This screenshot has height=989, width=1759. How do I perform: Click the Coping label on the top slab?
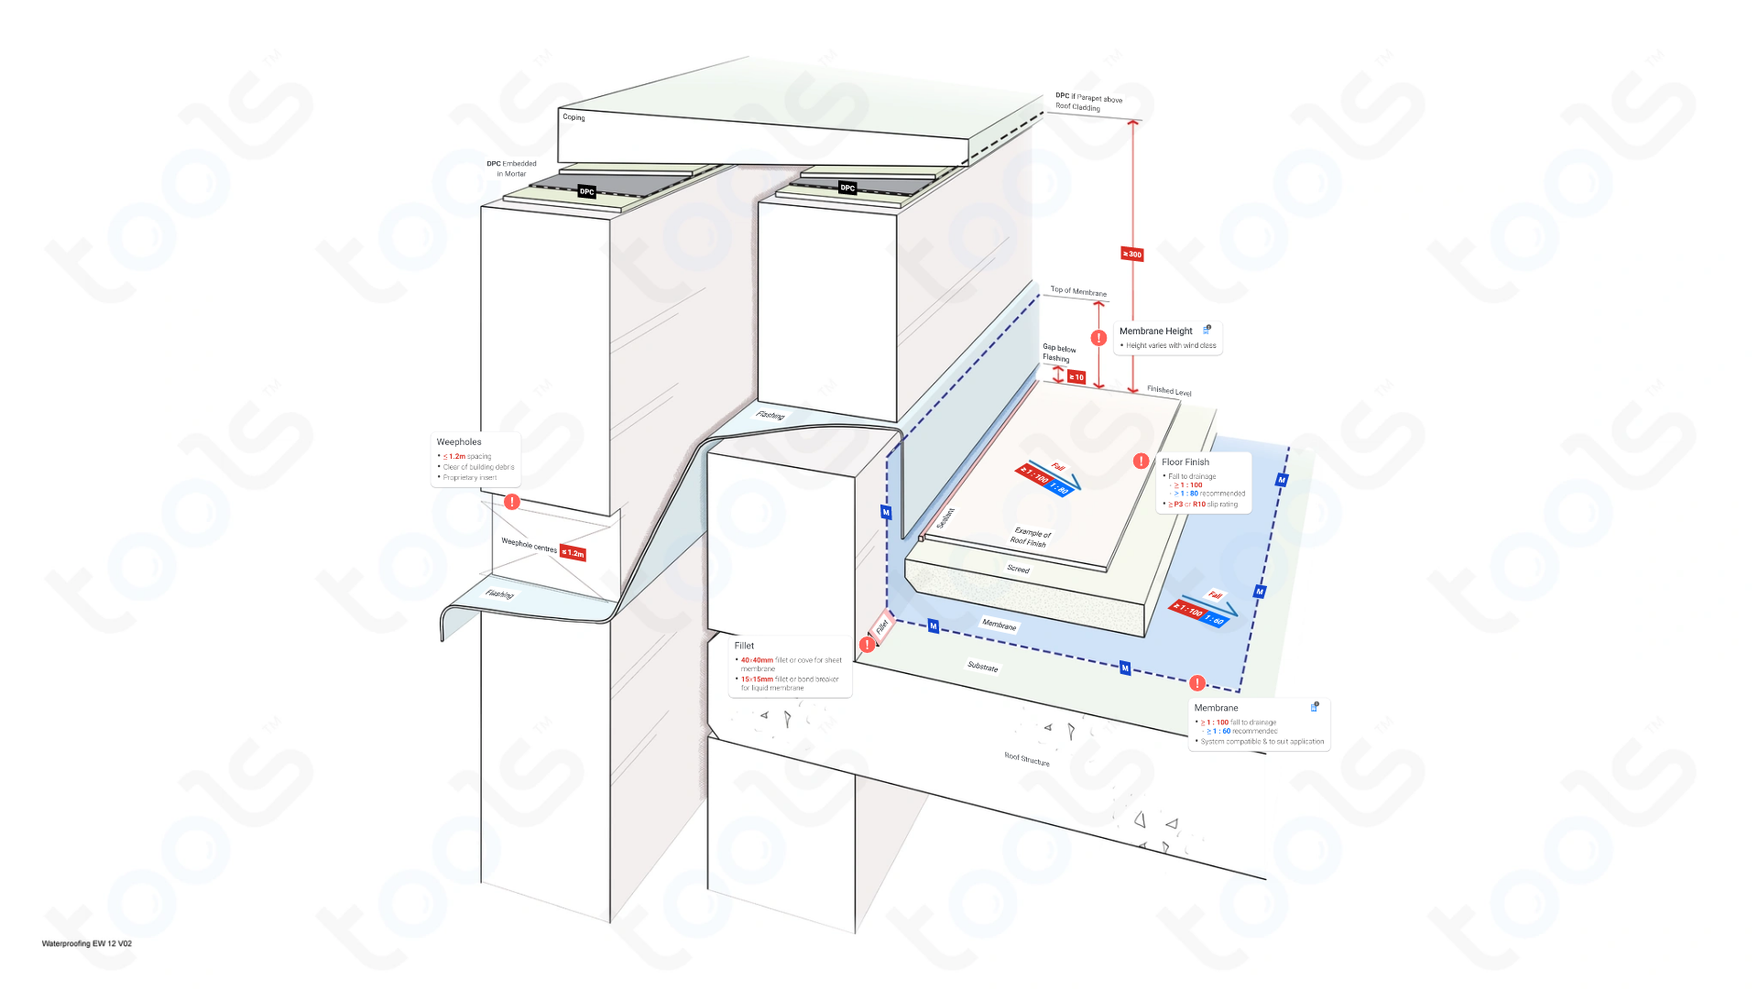pyautogui.click(x=574, y=117)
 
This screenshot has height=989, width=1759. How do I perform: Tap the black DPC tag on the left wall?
pyautogui.click(x=586, y=191)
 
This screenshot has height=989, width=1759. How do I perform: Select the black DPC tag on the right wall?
pyautogui.click(x=847, y=188)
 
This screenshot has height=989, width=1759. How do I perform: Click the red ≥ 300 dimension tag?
pyautogui.click(x=1132, y=254)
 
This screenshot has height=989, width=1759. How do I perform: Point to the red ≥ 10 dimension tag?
pyautogui.click(x=1076, y=377)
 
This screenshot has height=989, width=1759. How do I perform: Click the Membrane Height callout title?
pyautogui.click(x=1155, y=331)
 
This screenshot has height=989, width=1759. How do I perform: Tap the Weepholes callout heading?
pyautogui.click(x=459, y=442)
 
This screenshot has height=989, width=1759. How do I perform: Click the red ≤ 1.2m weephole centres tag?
pyautogui.click(x=574, y=553)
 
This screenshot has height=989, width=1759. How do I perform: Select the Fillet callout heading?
pyautogui.click(x=744, y=646)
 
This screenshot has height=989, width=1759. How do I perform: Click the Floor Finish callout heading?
pyautogui.click(x=1185, y=462)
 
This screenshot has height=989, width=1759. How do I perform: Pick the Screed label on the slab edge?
pyautogui.click(x=1018, y=569)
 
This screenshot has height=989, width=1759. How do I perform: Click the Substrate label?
pyautogui.click(x=982, y=667)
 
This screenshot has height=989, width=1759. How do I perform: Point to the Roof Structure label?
pyautogui.click(x=1026, y=759)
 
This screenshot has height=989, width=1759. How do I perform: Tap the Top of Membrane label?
pyautogui.click(x=1077, y=291)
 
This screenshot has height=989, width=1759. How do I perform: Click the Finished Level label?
pyautogui.click(x=1169, y=391)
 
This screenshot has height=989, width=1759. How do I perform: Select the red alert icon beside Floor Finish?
pyautogui.click(x=1141, y=462)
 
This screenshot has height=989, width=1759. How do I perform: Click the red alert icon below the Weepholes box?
pyautogui.click(x=512, y=502)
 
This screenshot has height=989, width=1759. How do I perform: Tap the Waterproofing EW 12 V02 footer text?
pyautogui.click(x=87, y=943)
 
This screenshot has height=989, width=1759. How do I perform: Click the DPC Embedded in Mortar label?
pyautogui.click(x=511, y=168)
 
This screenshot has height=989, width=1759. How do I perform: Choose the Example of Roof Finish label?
pyautogui.click(x=1030, y=538)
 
